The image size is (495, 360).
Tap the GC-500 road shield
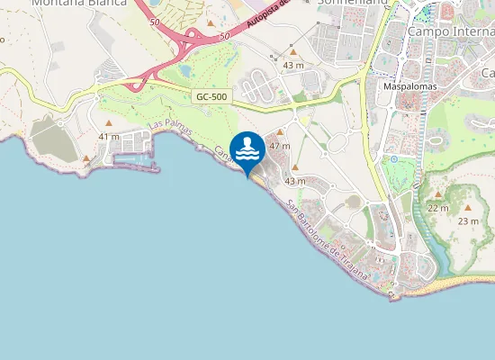[211, 96]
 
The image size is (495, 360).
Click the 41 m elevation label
[109, 136]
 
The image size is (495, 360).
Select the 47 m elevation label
[280, 145]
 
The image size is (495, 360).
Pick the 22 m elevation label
[438, 208]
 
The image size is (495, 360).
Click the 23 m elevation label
[468, 220]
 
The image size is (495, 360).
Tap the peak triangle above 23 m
[467, 207]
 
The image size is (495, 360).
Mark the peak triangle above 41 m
[109, 122]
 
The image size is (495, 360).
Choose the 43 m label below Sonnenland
[293, 66]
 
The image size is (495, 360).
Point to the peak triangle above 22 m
[438, 194]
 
